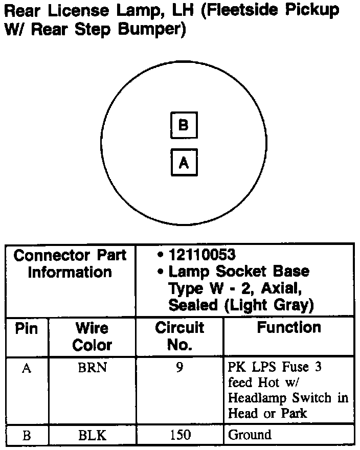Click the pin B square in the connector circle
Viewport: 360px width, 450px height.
184,125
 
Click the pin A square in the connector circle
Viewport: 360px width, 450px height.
184,163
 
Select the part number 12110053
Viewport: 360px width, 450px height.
202,254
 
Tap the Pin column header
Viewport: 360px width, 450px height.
27,328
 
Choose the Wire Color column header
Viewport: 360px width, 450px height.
92,336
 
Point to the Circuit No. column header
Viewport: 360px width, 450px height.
179,336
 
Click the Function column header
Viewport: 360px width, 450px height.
289,327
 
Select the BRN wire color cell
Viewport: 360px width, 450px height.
92,368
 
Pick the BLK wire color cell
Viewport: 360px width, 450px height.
92,435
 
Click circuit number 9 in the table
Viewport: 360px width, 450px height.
179,368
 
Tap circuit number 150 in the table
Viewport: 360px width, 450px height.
179,435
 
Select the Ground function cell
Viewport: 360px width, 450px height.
250,435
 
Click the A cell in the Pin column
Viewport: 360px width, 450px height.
27,368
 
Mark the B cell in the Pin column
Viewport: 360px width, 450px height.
27,436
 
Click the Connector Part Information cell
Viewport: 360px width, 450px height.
70,263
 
